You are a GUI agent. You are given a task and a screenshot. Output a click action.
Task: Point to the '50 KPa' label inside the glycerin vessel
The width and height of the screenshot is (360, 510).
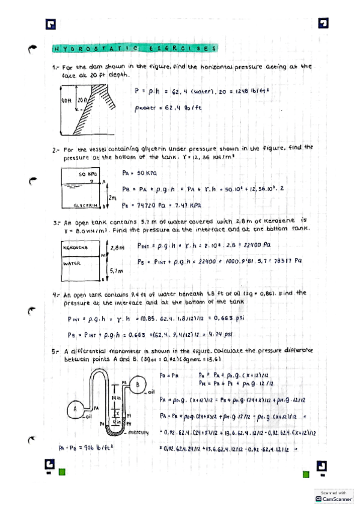coord(88,174)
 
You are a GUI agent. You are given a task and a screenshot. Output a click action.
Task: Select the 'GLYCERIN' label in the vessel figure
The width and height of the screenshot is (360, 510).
coord(84,205)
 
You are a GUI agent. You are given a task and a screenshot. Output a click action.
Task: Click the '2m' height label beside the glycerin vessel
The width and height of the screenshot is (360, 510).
coord(112,197)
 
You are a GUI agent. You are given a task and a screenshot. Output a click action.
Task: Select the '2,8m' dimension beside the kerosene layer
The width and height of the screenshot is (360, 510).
coord(117,247)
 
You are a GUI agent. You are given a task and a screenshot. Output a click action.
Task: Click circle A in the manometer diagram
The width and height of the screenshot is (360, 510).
coord(76,408)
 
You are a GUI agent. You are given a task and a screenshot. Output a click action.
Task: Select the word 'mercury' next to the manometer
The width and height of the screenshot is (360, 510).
coord(147,432)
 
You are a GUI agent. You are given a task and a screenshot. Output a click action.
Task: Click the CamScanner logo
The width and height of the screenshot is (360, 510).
coord(335,499)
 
